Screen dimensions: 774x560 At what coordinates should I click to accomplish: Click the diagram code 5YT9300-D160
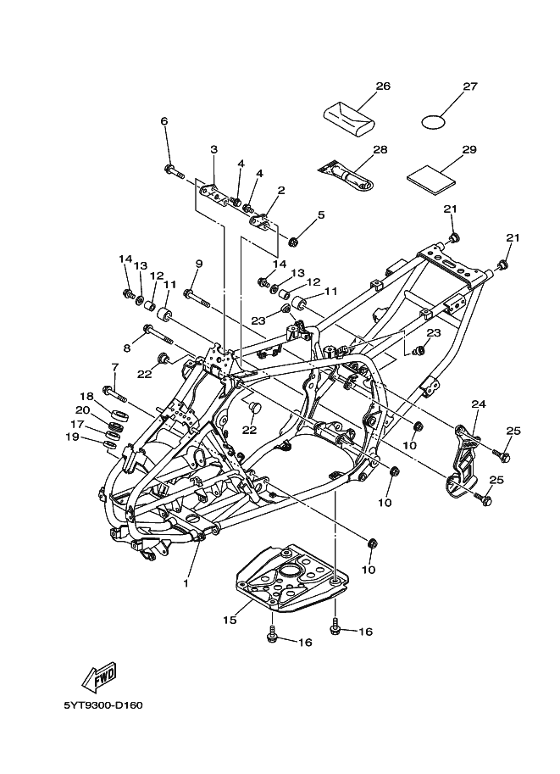tap(103, 705)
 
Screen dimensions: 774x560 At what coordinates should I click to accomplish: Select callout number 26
tap(383, 86)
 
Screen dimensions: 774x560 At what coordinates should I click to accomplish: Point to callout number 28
tap(380, 150)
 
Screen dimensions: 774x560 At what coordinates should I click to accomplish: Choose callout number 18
tap(86, 396)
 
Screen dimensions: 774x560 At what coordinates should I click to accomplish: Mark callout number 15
tap(228, 620)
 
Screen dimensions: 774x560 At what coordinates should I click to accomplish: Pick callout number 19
tap(72, 437)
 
